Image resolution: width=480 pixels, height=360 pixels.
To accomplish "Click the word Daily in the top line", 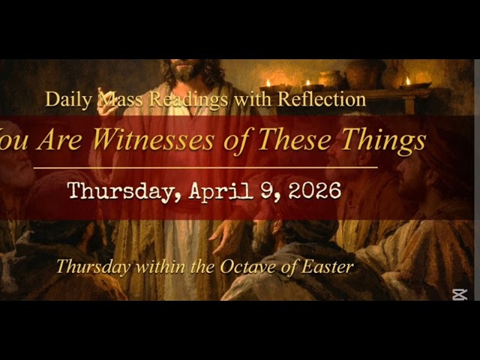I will tap(62, 99).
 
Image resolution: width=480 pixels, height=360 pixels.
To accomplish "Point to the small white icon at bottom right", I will tap(460, 294).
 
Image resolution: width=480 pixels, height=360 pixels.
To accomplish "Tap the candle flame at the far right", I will tap(407, 79).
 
